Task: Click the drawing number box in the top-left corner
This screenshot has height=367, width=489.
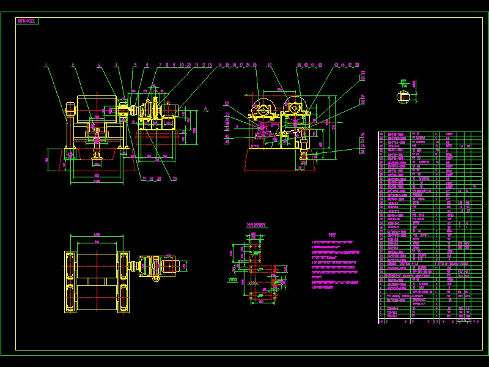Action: click(x=28, y=20)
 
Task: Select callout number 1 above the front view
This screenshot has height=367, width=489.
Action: click(x=45, y=64)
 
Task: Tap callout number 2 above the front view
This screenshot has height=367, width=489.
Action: click(x=72, y=64)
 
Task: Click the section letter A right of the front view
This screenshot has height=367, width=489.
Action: click(x=206, y=108)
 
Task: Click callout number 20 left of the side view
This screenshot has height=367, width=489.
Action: click(x=226, y=103)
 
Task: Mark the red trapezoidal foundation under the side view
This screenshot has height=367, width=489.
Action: click(x=279, y=160)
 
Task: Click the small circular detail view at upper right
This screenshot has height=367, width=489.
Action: click(x=405, y=94)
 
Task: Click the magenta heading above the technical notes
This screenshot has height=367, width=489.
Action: click(x=332, y=234)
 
